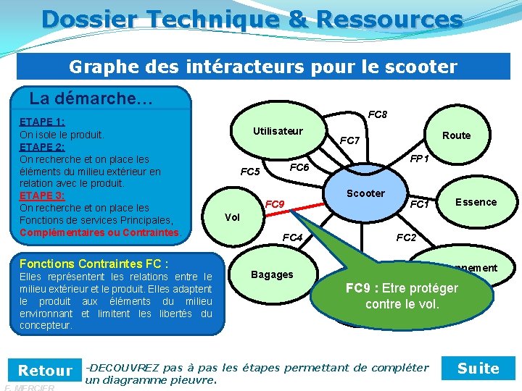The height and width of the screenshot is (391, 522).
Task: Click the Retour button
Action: pos(45,371)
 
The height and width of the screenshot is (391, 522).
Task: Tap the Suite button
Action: pos(478,369)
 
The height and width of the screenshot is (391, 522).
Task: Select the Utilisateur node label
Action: pos(278,131)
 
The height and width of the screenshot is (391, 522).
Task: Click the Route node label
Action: pos(456,135)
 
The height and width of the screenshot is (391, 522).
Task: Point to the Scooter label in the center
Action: pos(365,193)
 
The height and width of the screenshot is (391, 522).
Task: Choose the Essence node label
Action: pos(476,202)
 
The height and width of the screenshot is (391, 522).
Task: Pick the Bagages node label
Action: pos(272,274)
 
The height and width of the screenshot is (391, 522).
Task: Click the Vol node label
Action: pos(233,217)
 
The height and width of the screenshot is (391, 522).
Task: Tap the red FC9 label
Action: pos(274,204)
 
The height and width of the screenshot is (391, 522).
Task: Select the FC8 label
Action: pos(377,114)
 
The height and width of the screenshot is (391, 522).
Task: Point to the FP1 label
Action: pos(420,158)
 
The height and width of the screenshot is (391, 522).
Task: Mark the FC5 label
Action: pos(250,172)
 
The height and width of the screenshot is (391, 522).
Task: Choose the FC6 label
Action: pos(299,167)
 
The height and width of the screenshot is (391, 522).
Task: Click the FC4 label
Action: pos(292,237)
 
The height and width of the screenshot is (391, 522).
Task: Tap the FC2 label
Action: pos(406,237)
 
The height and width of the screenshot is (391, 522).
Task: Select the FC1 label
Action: pos(420,205)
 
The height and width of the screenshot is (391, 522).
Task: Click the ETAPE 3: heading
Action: pos(42,195)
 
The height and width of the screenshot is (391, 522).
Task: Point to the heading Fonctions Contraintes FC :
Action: pos(94,264)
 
